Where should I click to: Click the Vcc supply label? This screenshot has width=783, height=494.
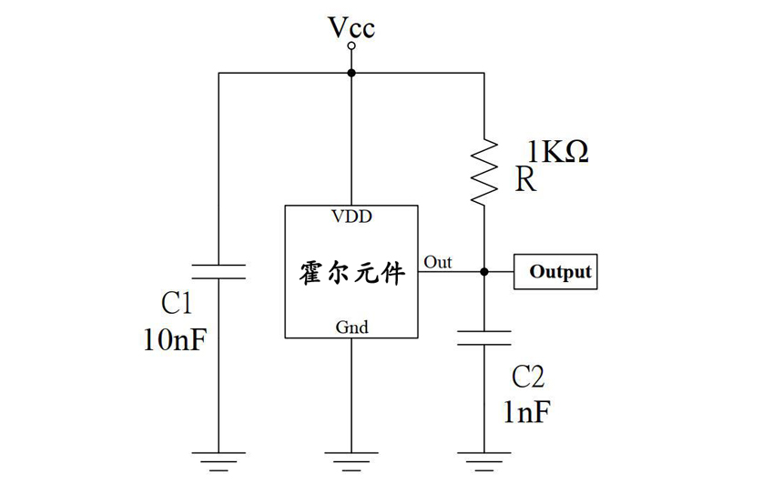click(351, 28)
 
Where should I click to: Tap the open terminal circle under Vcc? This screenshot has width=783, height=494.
click(351, 45)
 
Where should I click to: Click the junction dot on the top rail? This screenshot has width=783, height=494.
click(351, 73)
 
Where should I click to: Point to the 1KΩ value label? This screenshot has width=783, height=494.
click(557, 151)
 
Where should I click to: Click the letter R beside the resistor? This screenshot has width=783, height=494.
click(525, 180)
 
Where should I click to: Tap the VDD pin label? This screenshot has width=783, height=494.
click(351, 217)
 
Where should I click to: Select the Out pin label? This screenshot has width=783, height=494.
click(437, 263)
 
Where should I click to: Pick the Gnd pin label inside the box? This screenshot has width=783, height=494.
click(351, 327)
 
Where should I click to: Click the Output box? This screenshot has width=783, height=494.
click(555, 271)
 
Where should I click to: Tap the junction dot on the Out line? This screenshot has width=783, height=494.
click(484, 271)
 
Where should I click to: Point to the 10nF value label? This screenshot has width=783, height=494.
click(174, 339)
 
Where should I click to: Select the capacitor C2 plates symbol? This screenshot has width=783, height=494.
click(484, 338)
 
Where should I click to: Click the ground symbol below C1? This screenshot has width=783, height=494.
click(219, 459)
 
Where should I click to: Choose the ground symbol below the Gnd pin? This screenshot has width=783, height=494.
click(351, 459)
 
